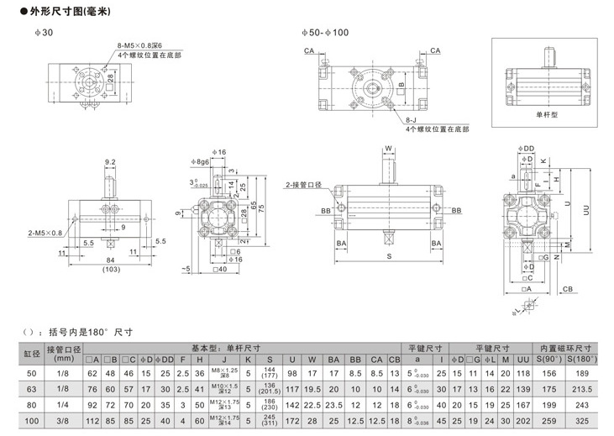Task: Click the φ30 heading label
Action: (48, 33)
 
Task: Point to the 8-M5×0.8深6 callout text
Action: (138, 47)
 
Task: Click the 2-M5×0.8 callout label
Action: (45, 232)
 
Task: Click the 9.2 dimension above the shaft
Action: (109, 162)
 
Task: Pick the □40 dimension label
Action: (222, 269)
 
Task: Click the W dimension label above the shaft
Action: (389, 149)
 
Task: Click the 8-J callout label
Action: (409, 123)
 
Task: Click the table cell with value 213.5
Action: (578, 389)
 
